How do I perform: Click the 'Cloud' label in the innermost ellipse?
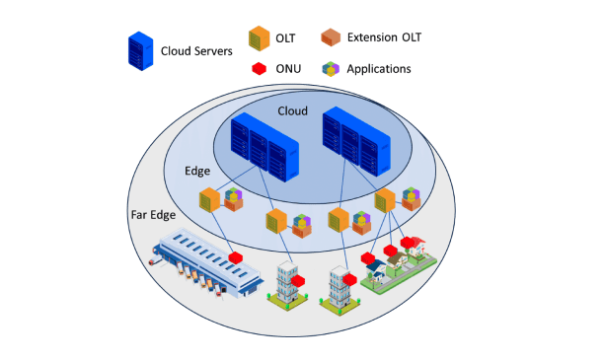[292, 111]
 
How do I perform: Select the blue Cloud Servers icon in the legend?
[138, 50]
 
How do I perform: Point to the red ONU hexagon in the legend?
[260, 69]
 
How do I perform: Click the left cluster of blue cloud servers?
[262, 147]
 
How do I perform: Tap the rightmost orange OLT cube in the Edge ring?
[384, 202]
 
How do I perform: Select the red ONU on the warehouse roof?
[235, 257]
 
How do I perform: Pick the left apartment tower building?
[286, 286]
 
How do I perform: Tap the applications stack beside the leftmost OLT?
[234, 199]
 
